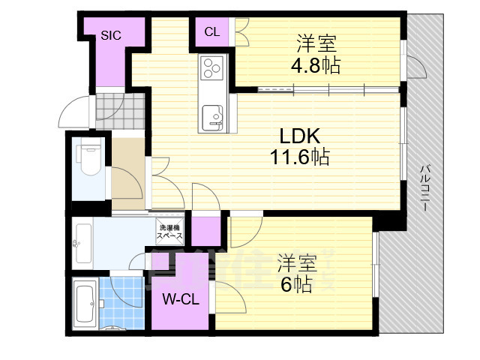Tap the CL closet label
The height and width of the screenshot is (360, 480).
212,31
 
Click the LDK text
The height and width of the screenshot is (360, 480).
300,136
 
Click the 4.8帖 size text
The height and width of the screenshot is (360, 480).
315,65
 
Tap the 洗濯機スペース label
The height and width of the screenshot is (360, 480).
169,232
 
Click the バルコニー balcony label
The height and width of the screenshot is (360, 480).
424,187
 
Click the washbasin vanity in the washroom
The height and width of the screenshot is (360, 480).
82,242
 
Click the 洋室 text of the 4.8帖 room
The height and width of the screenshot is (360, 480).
315,43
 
